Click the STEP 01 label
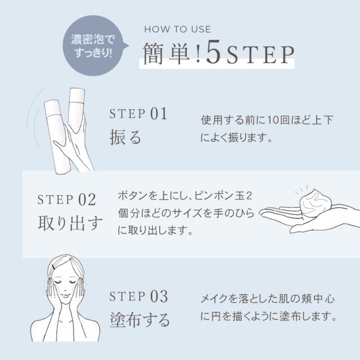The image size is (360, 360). pos(138,114)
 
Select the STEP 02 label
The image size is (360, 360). pos(66,200)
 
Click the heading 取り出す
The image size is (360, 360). pos(70,223)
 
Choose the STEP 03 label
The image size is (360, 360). pos(138,296)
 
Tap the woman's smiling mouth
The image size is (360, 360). pos(66,296)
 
